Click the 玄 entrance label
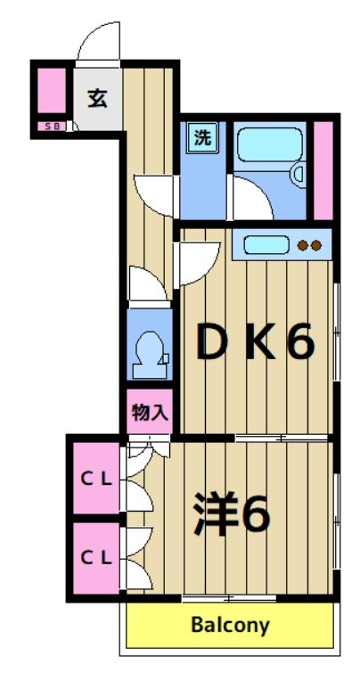97,97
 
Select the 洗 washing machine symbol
203,138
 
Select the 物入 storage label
148,412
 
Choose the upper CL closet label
97,479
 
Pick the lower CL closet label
97,558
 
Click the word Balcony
230,625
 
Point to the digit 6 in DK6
300,343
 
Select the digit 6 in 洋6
255,514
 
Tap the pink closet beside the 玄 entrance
51,91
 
